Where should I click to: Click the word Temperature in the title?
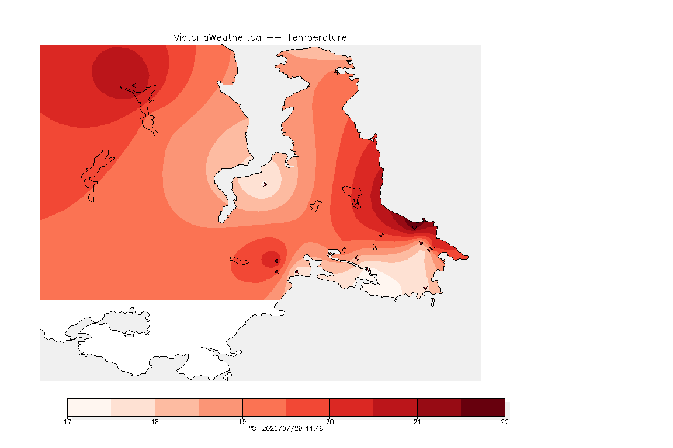click(317, 38)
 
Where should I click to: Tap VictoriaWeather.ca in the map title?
click(217, 38)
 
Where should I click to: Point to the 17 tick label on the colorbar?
click(67, 422)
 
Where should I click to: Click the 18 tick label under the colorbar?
click(155, 422)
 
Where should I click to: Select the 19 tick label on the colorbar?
click(242, 422)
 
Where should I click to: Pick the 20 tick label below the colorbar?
click(329, 422)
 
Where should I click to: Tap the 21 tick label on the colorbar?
click(417, 422)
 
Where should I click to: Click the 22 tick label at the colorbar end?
click(505, 422)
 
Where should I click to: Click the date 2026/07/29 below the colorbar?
click(282, 428)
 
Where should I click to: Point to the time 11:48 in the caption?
click(314, 428)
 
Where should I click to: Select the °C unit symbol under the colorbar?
click(253, 428)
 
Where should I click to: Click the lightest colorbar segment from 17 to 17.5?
click(89, 407)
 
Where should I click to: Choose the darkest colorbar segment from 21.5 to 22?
click(483, 407)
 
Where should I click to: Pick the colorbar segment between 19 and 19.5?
click(265, 407)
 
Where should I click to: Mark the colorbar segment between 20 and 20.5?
click(352, 407)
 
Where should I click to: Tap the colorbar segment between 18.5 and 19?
click(221, 407)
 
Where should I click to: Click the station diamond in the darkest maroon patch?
click(414, 228)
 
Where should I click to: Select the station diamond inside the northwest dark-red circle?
click(135, 86)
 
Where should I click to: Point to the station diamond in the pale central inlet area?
click(265, 185)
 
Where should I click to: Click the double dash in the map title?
click(274, 38)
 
